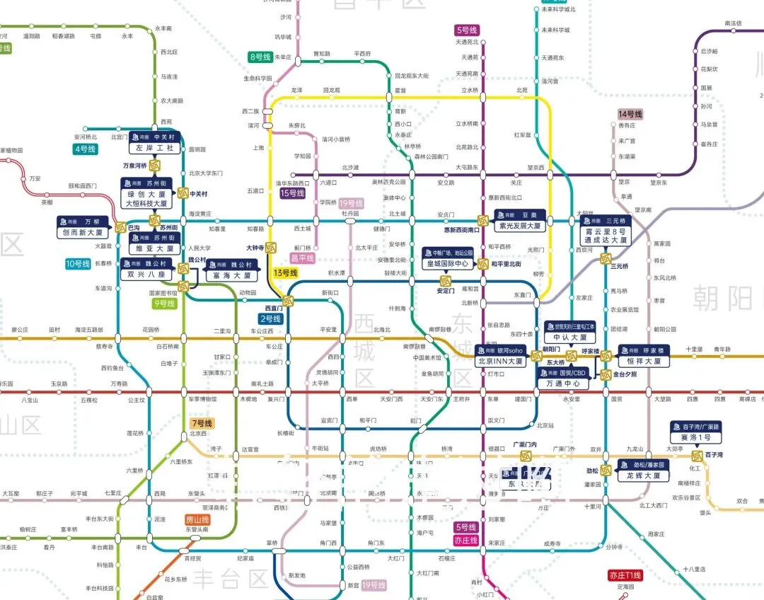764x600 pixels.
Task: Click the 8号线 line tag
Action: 260,57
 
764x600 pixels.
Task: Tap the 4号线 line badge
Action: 84,149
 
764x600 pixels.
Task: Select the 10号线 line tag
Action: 78,264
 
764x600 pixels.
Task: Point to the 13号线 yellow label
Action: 286,273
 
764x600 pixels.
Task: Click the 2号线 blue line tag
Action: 271,319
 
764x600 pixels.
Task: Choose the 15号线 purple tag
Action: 292,193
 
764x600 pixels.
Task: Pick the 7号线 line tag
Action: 202,423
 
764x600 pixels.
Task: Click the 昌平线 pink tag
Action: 302,259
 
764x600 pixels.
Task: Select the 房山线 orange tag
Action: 197,519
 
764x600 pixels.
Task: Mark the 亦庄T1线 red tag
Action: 625,575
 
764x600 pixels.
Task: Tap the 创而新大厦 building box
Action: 83,232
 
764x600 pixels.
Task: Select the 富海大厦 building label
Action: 232,275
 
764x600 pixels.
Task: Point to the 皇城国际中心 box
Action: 446,264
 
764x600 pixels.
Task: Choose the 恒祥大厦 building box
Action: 643,361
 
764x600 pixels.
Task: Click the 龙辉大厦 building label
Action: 643,475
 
